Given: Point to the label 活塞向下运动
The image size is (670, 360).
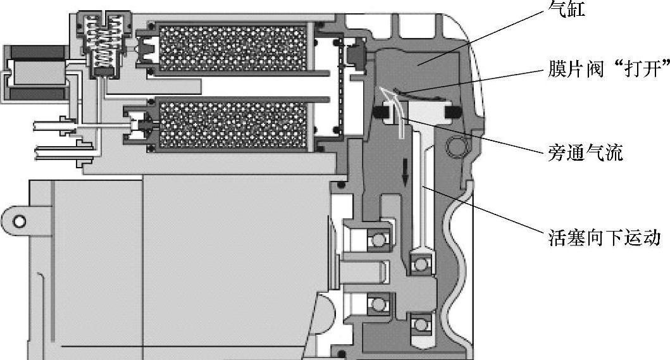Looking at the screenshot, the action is point(604,239).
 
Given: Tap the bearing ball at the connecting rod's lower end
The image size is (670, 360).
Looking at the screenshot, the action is point(419,261).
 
